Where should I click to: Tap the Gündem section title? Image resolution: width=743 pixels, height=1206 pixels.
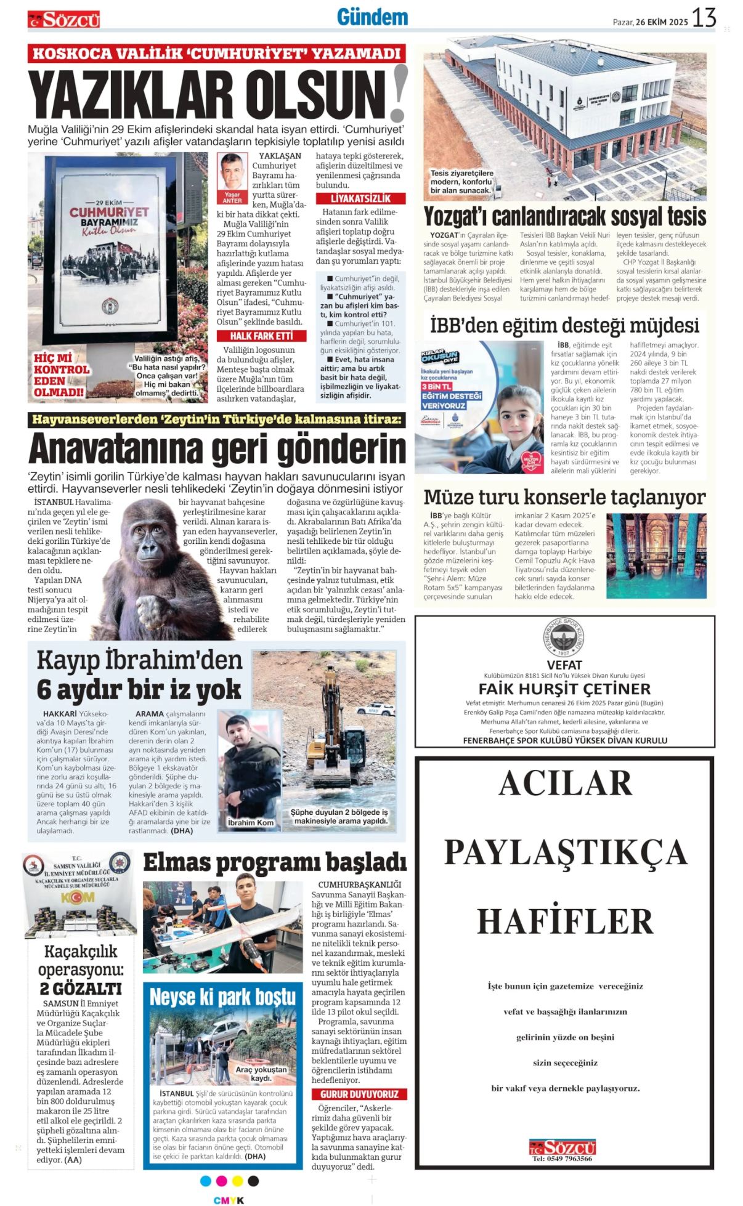click(x=372, y=17)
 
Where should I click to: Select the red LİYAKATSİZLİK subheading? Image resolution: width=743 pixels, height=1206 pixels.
click(x=360, y=198)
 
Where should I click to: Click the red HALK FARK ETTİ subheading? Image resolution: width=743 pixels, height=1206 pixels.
click(x=261, y=336)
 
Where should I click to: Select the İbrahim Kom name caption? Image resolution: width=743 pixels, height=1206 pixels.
click(x=250, y=822)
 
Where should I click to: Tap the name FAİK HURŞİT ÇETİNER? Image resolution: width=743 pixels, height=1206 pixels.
click(x=564, y=689)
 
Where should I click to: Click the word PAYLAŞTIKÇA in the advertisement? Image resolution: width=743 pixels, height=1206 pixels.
click(x=565, y=852)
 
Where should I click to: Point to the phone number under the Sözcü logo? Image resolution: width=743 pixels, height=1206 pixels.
click(x=562, y=1159)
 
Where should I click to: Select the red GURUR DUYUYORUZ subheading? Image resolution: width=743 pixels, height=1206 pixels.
click(x=359, y=1094)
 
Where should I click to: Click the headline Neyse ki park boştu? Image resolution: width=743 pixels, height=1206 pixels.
click(x=223, y=997)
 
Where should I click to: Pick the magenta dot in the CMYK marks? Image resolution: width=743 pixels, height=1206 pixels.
click(x=222, y=1181)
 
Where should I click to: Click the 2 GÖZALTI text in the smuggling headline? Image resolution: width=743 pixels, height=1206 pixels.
click(x=81, y=989)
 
